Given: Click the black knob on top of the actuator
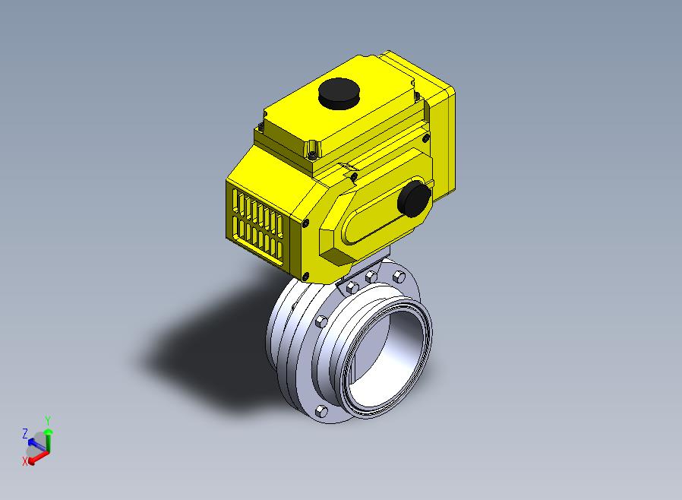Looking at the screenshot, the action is click(x=339, y=93).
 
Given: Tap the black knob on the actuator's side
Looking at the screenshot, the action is click(x=415, y=198).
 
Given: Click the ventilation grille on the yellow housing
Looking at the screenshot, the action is click(x=257, y=227).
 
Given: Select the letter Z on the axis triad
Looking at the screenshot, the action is click(x=25, y=433).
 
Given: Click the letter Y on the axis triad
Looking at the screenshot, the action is click(x=48, y=421).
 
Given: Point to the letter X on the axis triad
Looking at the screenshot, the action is click(x=25, y=461).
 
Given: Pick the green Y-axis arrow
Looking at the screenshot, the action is click(x=49, y=440).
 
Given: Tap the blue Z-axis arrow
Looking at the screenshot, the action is click(x=37, y=445).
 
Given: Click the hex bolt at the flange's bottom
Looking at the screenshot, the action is click(x=321, y=411).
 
